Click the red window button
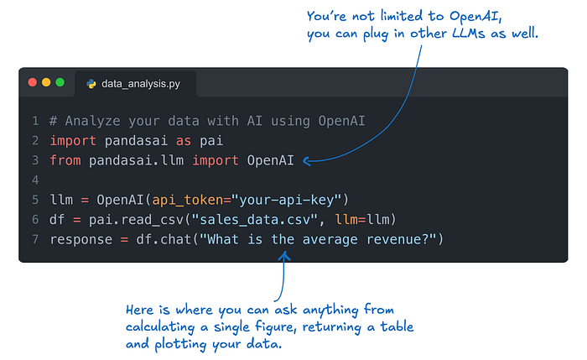(x=33, y=83)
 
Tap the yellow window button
(x=46, y=83)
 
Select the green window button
(x=60, y=83)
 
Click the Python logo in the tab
(x=91, y=84)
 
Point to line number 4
(x=35, y=180)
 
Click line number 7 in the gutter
(x=35, y=240)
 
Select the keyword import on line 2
(x=74, y=139)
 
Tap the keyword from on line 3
(x=65, y=159)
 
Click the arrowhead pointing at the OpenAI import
(x=307, y=159)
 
